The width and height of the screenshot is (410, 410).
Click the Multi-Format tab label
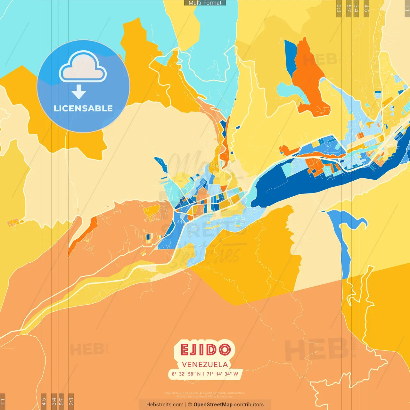(x=205, y=3)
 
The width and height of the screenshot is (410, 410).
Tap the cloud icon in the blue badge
(x=83, y=67)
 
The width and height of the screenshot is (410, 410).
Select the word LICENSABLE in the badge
(x=83, y=109)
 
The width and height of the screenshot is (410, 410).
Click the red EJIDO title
(x=205, y=350)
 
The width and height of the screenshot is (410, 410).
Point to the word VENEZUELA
(x=205, y=365)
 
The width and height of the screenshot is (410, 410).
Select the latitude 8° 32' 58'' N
(x=186, y=374)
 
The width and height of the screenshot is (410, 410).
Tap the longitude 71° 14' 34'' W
(x=222, y=374)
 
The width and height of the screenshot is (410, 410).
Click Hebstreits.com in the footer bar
(x=165, y=405)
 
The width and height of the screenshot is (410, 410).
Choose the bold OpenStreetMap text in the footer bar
(x=213, y=405)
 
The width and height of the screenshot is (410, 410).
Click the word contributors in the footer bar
(x=249, y=405)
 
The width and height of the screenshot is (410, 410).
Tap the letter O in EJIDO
(x=225, y=350)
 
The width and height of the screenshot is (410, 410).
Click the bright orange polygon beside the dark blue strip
(x=309, y=80)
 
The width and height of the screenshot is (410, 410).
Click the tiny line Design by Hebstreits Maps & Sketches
(x=205, y=396)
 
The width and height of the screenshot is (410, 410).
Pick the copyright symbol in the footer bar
(x=190, y=405)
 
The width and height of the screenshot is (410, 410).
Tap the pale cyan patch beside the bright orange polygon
(x=290, y=91)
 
